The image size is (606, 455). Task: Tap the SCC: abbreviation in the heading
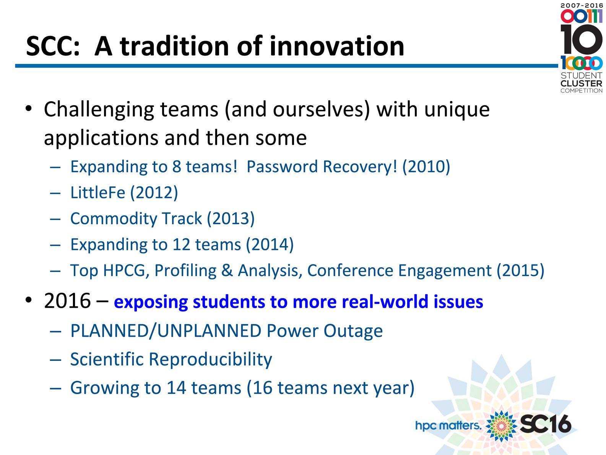coord(53,46)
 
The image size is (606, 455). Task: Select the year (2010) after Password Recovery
coord(426,166)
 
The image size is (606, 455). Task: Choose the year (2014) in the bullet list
coord(270,245)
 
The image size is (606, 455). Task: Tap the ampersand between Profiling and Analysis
coord(227,271)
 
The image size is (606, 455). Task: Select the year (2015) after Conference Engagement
coord(520,270)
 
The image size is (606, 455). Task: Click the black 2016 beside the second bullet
coord(67,300)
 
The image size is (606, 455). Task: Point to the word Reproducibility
coord(210,359)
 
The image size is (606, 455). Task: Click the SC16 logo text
coord(546,424)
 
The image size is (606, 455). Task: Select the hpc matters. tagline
coord(448,426)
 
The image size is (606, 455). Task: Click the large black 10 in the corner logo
coord(582,39)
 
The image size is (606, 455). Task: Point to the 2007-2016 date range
coord(582,5)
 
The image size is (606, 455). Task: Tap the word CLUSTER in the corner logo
coord(582,83)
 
